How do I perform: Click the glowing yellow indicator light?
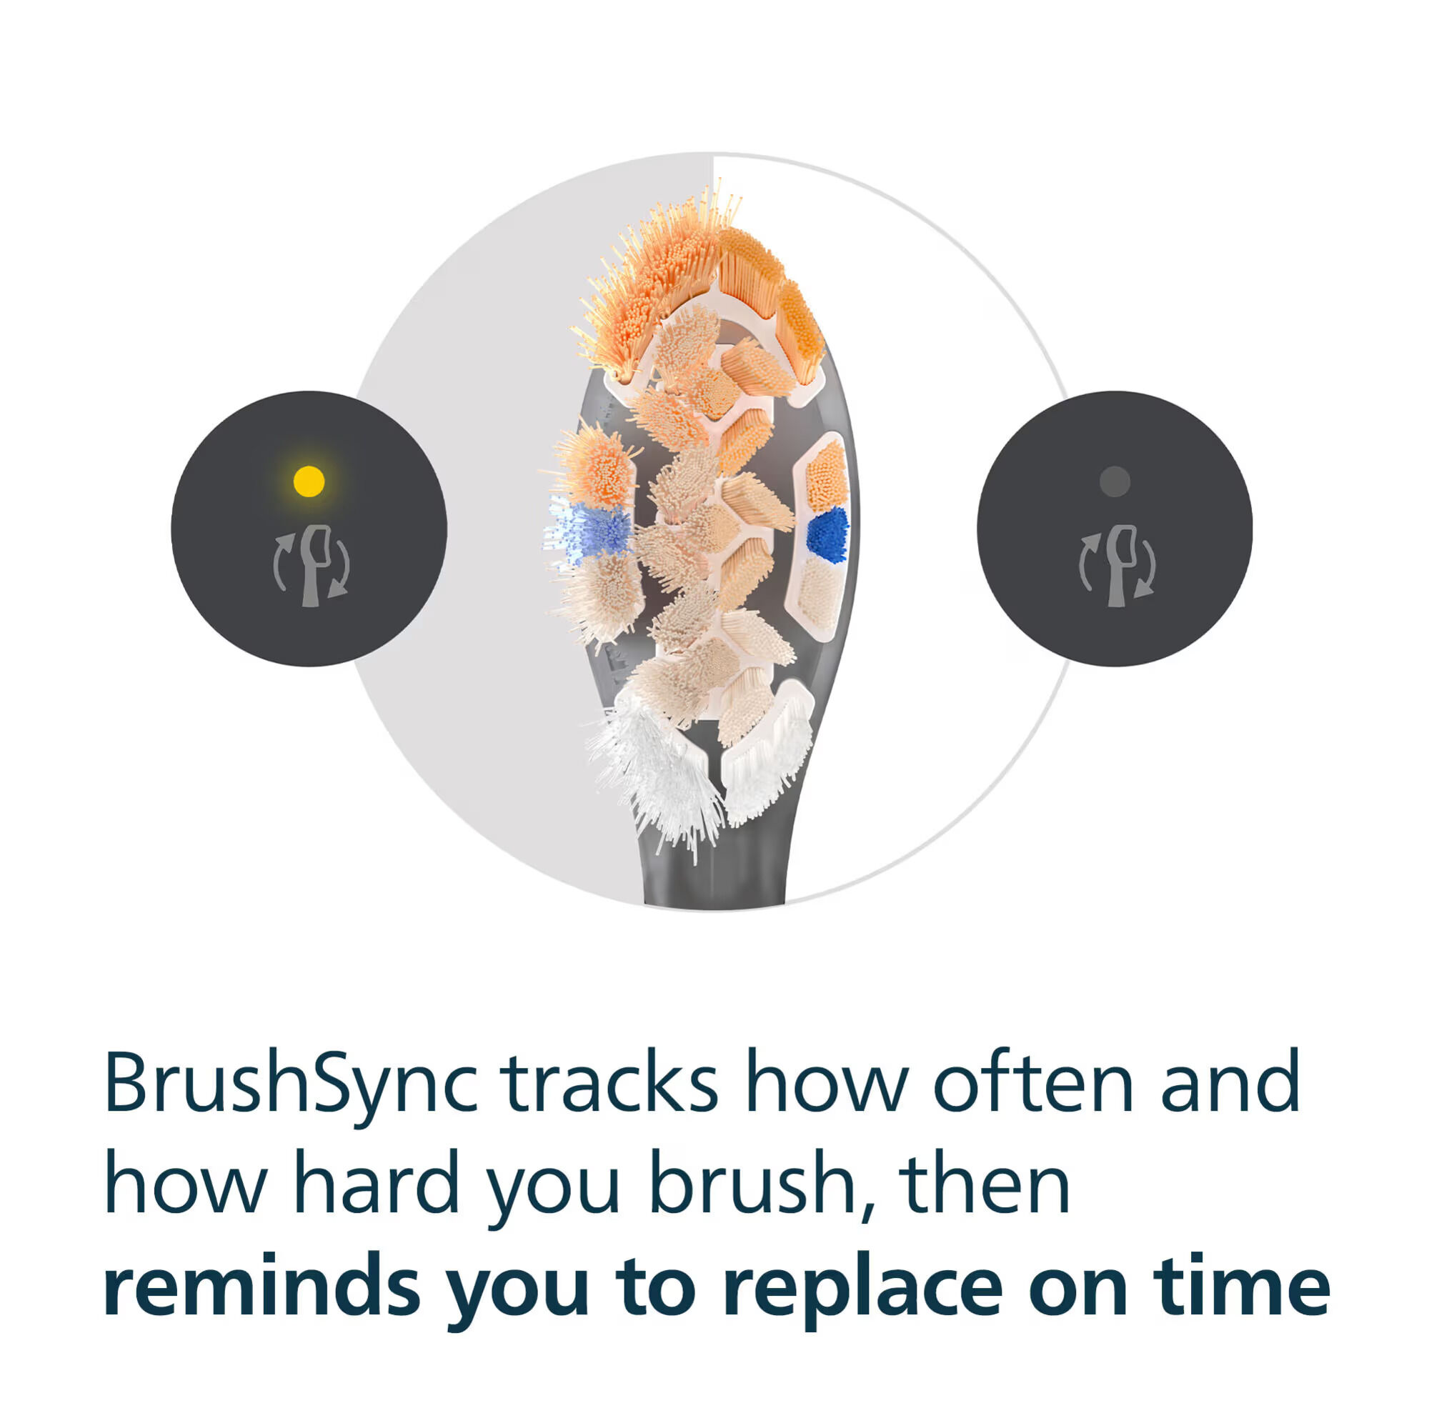click(309, 481)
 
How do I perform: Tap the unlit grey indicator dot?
click(1115, 481)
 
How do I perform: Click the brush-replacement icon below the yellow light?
click(312, 566)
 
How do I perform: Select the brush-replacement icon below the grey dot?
click(1117, 566)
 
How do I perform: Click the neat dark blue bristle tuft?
click(827, 534)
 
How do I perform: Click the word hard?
click(376, 1184)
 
